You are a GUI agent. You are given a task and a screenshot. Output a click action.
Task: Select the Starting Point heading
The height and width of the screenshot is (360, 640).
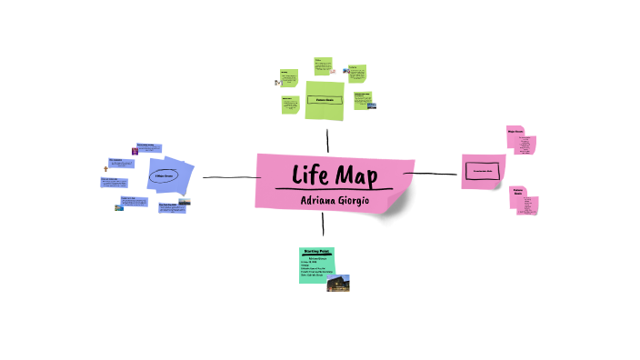pyautogui.click(x=316, y=251)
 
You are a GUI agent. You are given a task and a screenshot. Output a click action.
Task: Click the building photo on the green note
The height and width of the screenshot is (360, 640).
pyautogui.click(x=339, y=283)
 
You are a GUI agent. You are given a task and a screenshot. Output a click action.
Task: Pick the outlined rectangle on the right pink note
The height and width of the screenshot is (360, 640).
pyautogui.click(x=483, y=170)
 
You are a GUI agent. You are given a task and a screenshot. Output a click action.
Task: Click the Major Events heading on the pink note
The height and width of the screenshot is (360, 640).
pyautogui.click(x=518, y=132)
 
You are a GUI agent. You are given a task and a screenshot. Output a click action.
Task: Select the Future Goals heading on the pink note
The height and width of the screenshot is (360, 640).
pyautogui.click(x=518, y=193)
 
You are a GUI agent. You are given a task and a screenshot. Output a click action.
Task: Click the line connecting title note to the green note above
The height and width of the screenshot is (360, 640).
pyautogui.click(x=327, y=140)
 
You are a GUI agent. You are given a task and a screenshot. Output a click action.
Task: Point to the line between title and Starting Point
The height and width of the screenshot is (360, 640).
pyautogui.click(x=323, y=227)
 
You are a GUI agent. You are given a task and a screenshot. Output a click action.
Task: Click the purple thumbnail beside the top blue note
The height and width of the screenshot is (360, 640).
pyautogui.click(x=135, y=151)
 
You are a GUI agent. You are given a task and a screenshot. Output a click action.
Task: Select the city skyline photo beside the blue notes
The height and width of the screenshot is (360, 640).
pyautogui.click(x=185, y=202)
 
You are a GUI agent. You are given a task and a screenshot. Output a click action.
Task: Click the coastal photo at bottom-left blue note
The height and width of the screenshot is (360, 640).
pyautogui.click(x=119, y=208)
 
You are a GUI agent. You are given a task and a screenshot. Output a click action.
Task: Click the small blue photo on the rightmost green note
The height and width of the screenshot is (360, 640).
pyautogui.click(x=371, y=105)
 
